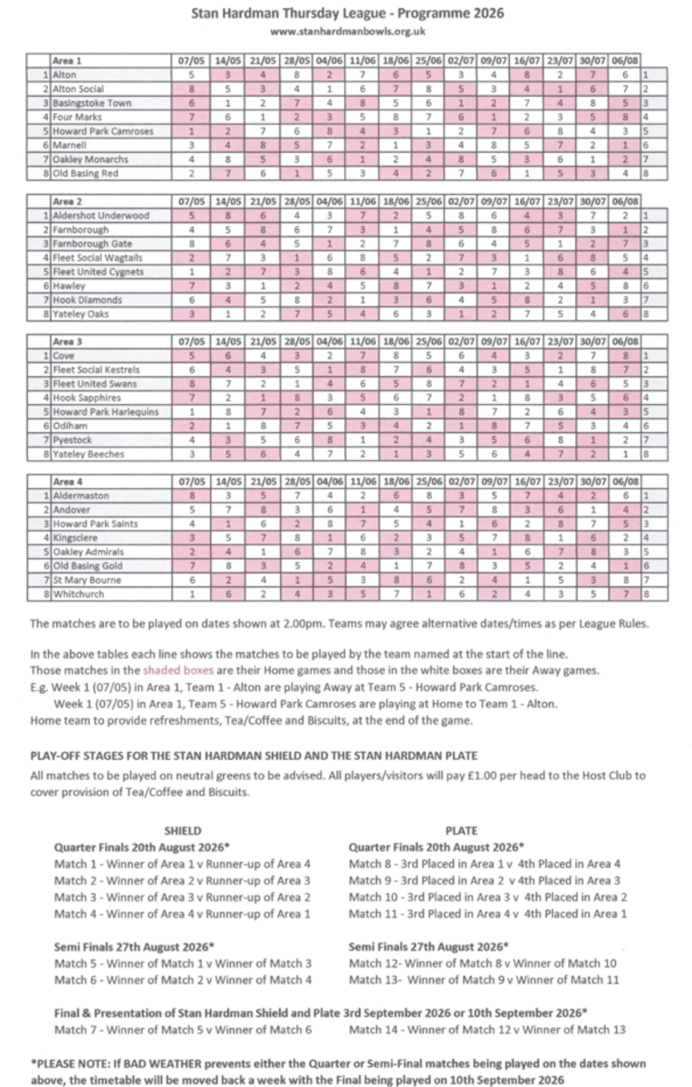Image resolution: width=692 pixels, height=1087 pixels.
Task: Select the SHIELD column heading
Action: coord(182,830)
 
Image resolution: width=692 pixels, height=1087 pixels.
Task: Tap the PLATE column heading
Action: coord(462,830)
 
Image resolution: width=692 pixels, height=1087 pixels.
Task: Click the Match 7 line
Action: coord(183,1029)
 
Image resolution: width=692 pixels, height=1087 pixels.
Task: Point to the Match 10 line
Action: coord(488,897)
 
